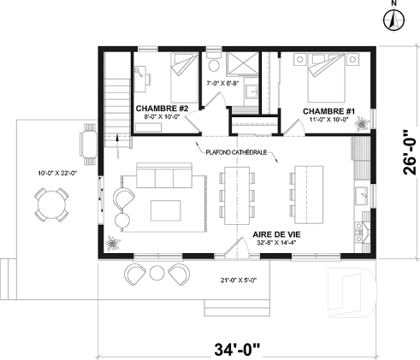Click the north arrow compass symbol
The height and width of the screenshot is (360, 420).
click(x=393, y=17)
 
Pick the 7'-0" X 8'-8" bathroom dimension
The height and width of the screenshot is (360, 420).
click(x=224, y=83)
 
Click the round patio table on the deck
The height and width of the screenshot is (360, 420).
click(x=53, y=205)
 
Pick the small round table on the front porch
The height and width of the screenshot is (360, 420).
click(x=156, y=273)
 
